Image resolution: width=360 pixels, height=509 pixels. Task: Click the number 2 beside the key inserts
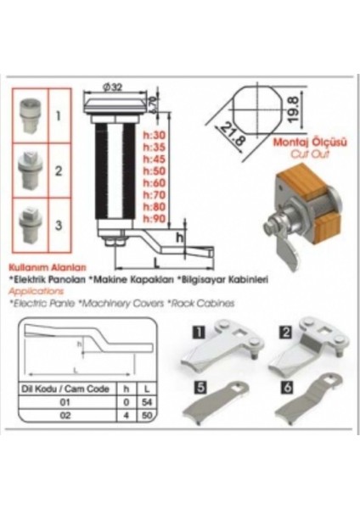[x=59, y=171]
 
